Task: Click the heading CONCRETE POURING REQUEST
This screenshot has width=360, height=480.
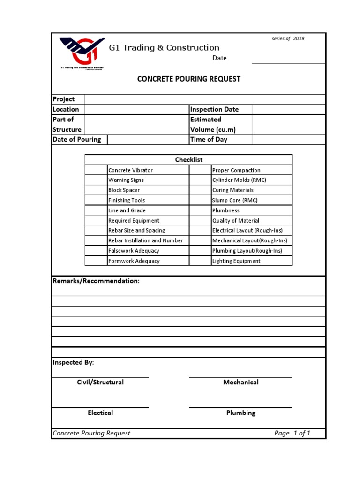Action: (x=188, y=79)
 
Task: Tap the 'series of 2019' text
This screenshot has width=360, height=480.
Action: (x=288, y=38)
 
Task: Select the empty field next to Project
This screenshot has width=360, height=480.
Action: (x=205, y=99)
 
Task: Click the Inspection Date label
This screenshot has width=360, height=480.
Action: (x=214, y=109)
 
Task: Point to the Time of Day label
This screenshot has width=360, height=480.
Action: (x=209, y=140)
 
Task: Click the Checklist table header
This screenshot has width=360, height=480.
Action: (x=188, y=160)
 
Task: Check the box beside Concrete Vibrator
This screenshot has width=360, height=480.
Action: (x=96, y=170)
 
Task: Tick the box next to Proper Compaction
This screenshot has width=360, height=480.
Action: (x=200, y=170)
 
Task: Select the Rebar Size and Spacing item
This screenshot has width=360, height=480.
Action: (x=136, y=231)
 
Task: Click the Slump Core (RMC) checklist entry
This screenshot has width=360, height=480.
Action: (x=235, y=200)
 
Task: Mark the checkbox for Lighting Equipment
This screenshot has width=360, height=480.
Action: (x=200, y=261)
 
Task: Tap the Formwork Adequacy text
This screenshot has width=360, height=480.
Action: (x=134, y=261)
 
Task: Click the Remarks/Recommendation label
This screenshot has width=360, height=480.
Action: (x=96, y=281)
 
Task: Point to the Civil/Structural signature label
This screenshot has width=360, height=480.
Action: (x=100, y=382)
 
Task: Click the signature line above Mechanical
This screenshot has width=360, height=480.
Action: (x=240, y=377)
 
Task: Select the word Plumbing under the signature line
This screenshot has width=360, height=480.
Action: (x=240, y=413)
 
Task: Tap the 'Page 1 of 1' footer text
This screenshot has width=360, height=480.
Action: (x=292, y=433)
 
